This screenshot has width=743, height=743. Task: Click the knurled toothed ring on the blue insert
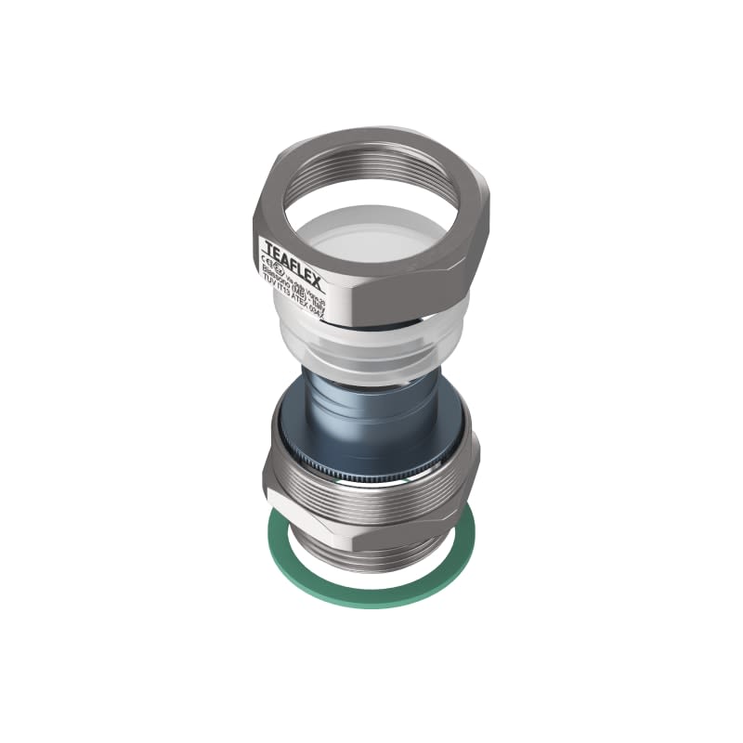pos(371,469)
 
